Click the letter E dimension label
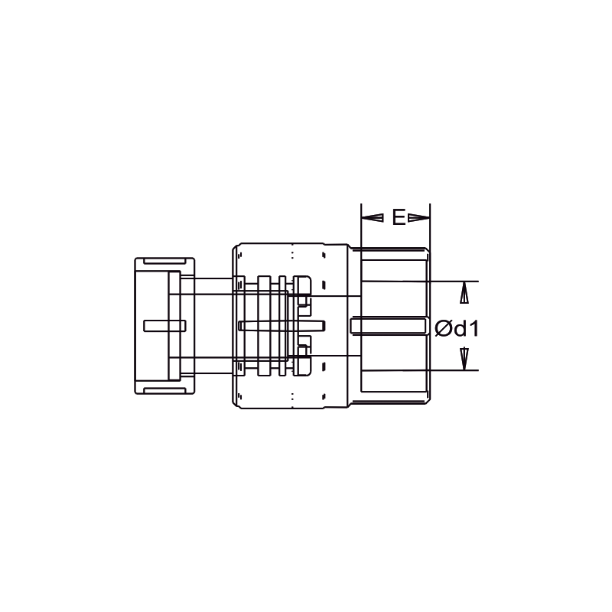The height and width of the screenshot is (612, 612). tap(399, 217)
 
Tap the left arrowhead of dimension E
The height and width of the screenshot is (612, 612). tap(372, 218)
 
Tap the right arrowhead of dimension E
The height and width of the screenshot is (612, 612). tap(418, 218)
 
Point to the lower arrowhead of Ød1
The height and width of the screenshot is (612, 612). tap(464, 358)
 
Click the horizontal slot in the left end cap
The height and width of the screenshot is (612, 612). tap(164, 325)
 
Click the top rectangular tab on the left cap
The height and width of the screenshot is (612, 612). tap(164, 262)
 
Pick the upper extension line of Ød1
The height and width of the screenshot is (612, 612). tap(455, 282)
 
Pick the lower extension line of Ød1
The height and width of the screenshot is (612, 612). tap(455, 371)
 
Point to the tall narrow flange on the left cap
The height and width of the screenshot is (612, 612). tap(174, 325)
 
